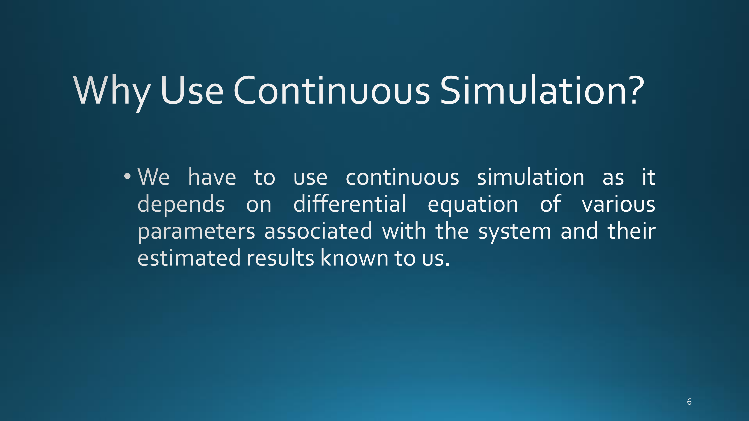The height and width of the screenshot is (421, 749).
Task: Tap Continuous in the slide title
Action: [331, 90]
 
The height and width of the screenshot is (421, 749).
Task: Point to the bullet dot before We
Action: [127, 176]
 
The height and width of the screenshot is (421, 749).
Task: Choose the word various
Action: [618, 204]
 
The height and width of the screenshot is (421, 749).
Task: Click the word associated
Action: [318, 230]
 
